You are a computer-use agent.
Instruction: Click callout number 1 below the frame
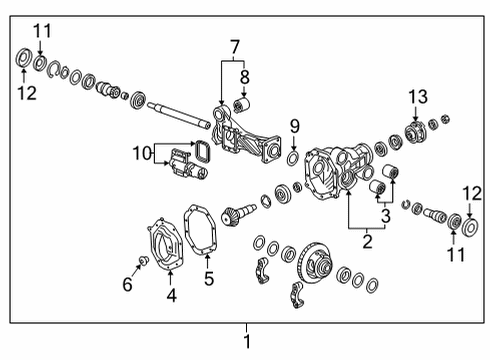click(x=247, y=342)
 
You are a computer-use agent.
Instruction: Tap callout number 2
click(x=366, y=240)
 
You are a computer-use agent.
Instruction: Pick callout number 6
click(x=127, y=285)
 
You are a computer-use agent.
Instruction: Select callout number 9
click(x=294, y=126)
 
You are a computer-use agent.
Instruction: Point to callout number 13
click(x=416, y=95)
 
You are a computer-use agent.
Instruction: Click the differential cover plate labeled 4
click(x=162, y=239)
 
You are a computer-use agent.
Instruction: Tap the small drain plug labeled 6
click(x=144, y=261)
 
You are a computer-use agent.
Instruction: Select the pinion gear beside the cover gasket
click(x=241, y=212)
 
